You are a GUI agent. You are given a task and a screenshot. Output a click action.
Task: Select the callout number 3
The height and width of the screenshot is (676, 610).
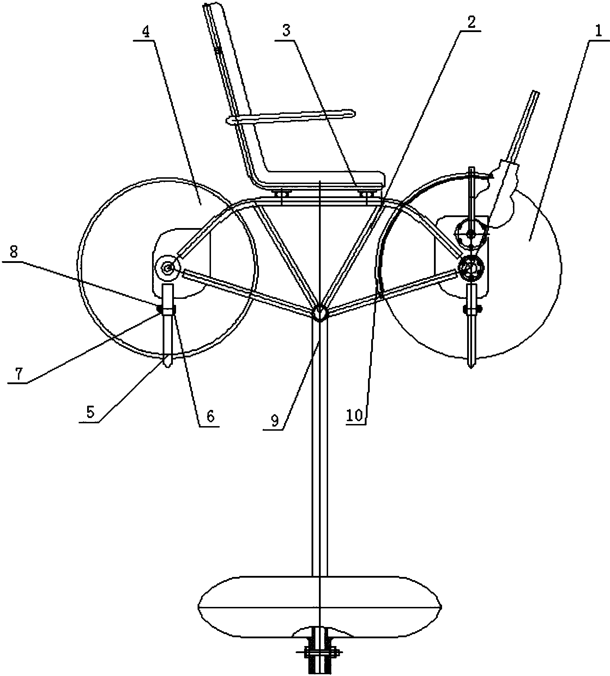click(x=286, y=31)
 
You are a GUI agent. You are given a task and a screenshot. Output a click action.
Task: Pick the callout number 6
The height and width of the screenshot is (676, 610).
click(x=210, y=416)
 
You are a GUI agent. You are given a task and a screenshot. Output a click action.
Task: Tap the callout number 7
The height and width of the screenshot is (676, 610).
click(x=17, y=374)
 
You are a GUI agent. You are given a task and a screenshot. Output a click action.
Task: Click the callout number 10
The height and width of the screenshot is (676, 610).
click(x=355, y=416)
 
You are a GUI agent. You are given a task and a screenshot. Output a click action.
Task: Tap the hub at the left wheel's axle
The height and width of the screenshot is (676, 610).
click(x=168, y=269)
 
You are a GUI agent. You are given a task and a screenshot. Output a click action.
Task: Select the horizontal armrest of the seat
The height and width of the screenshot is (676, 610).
click(x=291, y=117)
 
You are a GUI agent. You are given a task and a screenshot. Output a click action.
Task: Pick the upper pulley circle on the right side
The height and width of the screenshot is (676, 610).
click(x=471, y=233)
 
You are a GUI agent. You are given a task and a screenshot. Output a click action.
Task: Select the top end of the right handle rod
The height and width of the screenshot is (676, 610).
click(x=536, y=93)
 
